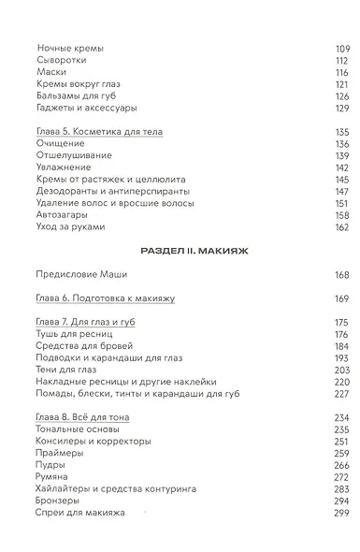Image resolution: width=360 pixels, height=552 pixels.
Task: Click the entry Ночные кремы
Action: [71, 48]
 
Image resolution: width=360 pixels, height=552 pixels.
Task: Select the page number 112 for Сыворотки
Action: [340, 60]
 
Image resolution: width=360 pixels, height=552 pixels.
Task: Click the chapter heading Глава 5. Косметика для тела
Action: [98, 132]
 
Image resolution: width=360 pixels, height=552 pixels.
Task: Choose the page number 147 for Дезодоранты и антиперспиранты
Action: [340, 191]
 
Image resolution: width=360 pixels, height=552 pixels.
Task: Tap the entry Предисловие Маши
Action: [81, 274]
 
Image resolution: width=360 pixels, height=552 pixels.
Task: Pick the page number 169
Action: [340, 298]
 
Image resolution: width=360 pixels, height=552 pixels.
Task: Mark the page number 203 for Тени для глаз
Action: [340, 370]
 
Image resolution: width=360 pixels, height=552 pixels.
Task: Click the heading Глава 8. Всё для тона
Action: [83, 417]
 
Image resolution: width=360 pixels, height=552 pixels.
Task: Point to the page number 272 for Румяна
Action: [340, 477]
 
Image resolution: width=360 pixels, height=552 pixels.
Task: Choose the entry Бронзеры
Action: [62, 501]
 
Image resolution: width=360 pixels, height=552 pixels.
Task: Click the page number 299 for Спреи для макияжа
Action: [340, 514]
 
